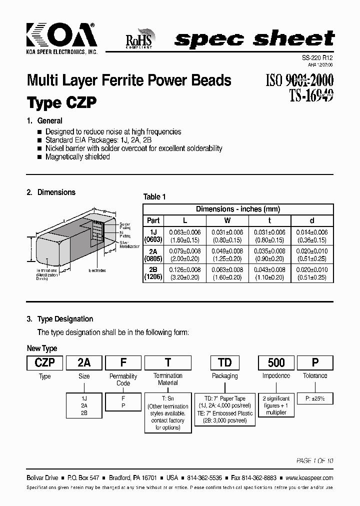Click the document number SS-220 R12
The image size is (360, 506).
pos(318,58)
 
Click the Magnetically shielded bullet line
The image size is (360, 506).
pos(77,157)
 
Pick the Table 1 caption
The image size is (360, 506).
pos(154,196)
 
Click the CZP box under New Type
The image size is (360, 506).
pos(44,362)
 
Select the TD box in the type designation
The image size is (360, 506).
pos(225,362)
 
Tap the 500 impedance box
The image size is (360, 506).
pos(276,362)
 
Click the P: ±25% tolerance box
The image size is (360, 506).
pos(315,398)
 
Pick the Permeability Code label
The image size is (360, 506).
pos(123,379)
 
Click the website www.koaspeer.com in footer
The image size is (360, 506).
pos(308,478)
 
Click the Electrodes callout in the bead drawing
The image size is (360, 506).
pos(97,270)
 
